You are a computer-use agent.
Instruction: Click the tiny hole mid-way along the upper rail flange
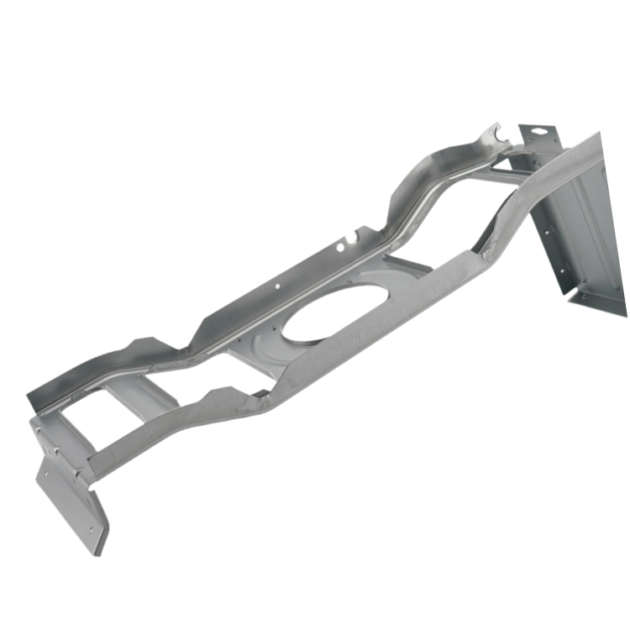tap(277, 286)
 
